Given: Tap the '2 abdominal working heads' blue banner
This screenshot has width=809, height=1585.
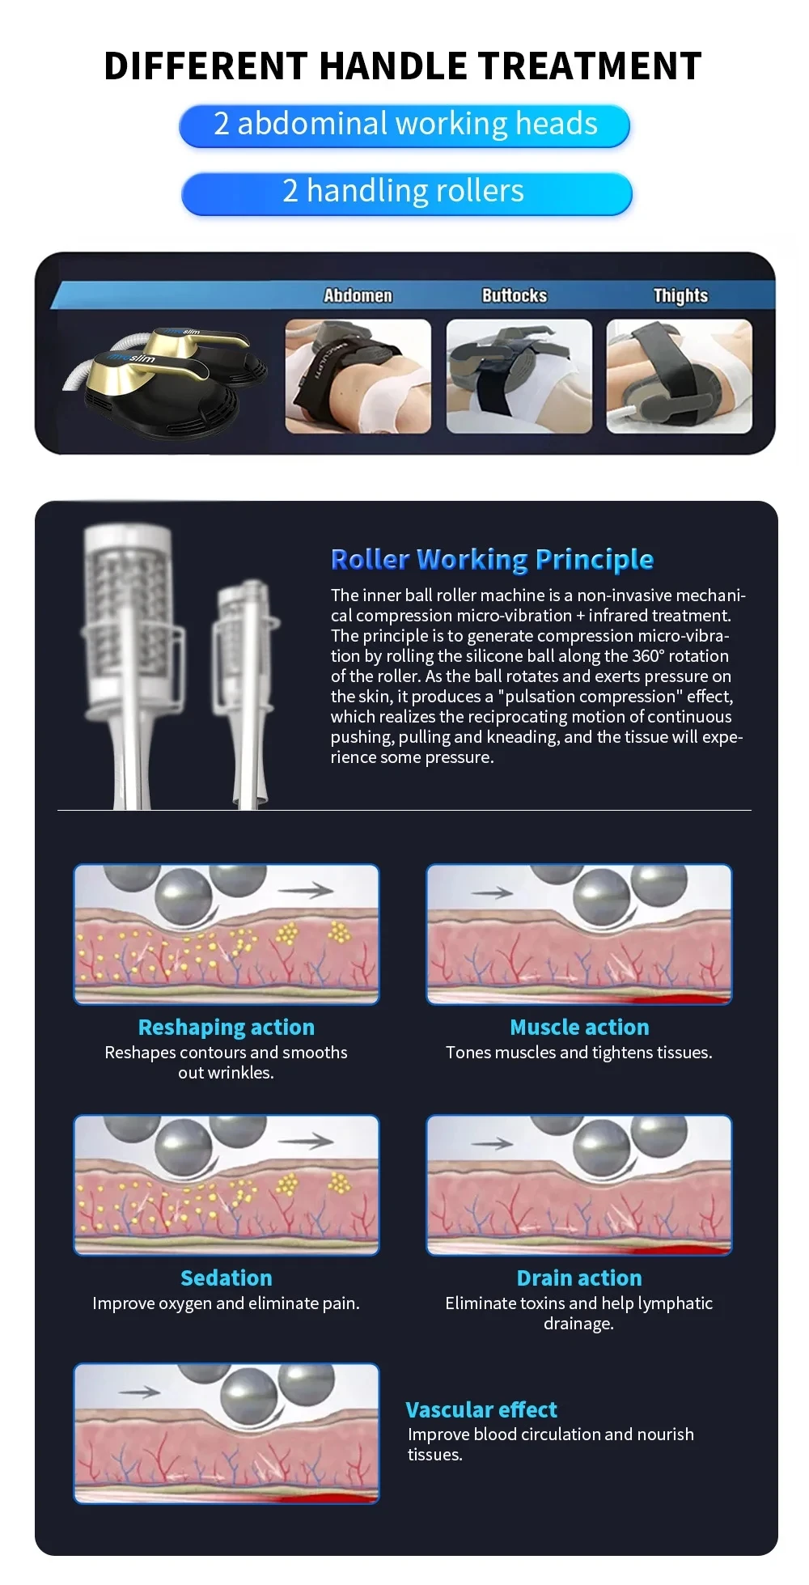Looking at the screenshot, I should click(x=404, y=125).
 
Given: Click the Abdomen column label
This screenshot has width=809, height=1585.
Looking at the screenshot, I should click(x=358, y=295).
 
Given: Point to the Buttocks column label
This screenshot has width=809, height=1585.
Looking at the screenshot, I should click(x=515, y=295).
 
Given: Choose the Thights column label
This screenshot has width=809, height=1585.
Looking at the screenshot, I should click(x=680, y=295).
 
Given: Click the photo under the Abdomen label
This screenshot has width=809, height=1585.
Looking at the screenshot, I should click(x=358, y=376).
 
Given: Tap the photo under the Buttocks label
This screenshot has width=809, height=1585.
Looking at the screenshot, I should click(x=519, y=376).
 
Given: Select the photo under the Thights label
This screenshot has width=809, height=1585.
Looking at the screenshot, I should click(x=679, y=376).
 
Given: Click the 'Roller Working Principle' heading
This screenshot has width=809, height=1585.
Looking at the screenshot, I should click(x=492, y=559).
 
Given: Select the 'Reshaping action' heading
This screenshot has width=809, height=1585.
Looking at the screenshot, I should click(x=226, y=1028).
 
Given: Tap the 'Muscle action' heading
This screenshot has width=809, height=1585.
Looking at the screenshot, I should click(x=579, y=1028).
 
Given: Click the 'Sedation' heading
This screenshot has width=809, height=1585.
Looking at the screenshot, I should click(x=226, y=1278).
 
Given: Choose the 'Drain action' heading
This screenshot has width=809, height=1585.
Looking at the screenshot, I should click(x=579, y=1278).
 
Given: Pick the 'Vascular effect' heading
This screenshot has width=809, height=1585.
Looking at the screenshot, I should click(x=481, y=1410).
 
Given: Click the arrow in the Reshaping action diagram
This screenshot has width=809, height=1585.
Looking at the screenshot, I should click(x=306, y=891).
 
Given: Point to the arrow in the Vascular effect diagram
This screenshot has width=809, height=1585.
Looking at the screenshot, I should click(x=139, y=1392).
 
